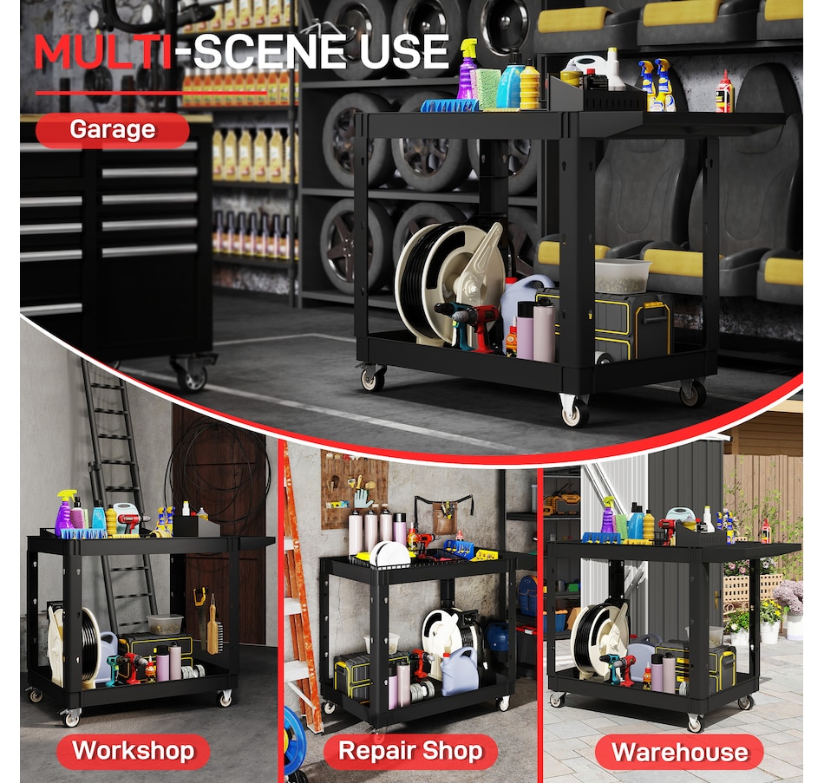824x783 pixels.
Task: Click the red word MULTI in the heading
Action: (x=102, y=51)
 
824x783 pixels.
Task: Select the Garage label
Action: (x=113, y=130)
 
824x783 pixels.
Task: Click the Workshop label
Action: (x=133, y=750)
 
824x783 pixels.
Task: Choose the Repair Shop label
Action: (x=410, y=750)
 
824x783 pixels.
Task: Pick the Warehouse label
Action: (x=679, y=752)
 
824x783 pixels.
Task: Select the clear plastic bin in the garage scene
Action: (x=622, y=276)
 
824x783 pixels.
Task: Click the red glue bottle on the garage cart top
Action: (x=724, y=93)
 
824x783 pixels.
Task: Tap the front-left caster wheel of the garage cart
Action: (x=373, y=377)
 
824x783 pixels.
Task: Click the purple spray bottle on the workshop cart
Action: (x=65, y=513)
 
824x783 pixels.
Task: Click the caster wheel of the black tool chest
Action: (x=193, y=375)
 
